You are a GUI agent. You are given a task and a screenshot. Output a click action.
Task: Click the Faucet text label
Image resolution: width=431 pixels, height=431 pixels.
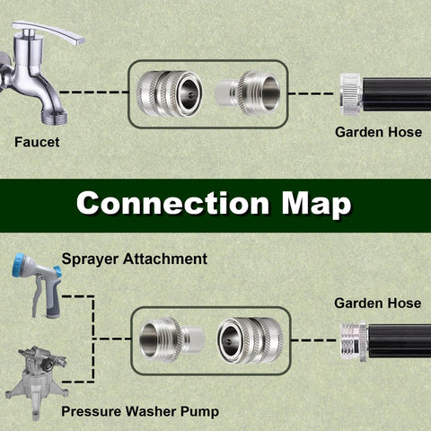[x=38, y=141]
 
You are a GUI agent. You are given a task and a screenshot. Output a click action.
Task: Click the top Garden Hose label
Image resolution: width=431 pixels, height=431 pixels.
[x=377, y=131]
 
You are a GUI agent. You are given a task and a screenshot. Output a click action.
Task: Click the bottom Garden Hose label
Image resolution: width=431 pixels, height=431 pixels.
[x=377, y=303]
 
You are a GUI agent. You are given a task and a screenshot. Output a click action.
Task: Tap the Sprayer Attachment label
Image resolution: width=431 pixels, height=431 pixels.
[x=134, y=259]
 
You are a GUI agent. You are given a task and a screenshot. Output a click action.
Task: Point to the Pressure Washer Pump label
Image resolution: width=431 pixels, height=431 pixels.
[x=138, y=412]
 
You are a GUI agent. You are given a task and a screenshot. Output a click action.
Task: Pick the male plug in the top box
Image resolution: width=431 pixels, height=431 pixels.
[x=237, y=92]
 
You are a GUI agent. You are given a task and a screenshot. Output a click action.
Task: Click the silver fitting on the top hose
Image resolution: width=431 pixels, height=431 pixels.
[x=349, y=92]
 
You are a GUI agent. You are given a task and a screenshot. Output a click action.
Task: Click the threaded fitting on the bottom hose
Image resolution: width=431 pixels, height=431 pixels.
[x=350, y=341]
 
